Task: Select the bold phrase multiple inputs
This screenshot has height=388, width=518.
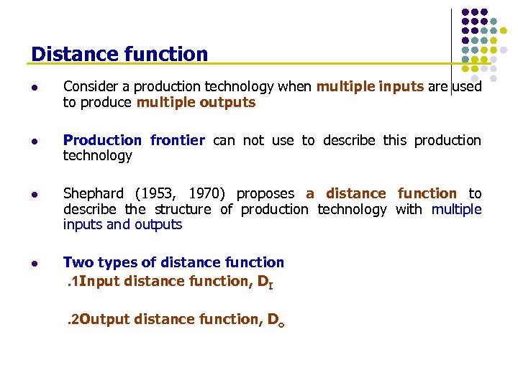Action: click(370, 87)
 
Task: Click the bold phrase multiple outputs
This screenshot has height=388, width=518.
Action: click(196, 103)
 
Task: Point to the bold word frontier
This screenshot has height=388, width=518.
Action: click(177, 140)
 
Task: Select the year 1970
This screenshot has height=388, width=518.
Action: click(205, 194)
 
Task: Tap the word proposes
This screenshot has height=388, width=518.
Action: click(265, 194)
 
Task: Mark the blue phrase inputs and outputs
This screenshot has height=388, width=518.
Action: click(122, 225)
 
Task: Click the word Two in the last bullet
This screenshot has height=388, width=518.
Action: click(76, 263)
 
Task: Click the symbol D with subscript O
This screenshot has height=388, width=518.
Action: click(275, 320)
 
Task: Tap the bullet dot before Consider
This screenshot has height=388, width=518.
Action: click(35, 88)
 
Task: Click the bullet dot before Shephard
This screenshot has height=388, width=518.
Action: click(35, 194)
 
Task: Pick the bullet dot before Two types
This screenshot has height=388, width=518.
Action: click(35, 263)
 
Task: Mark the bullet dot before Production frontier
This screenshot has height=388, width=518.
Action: click(35, 141)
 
